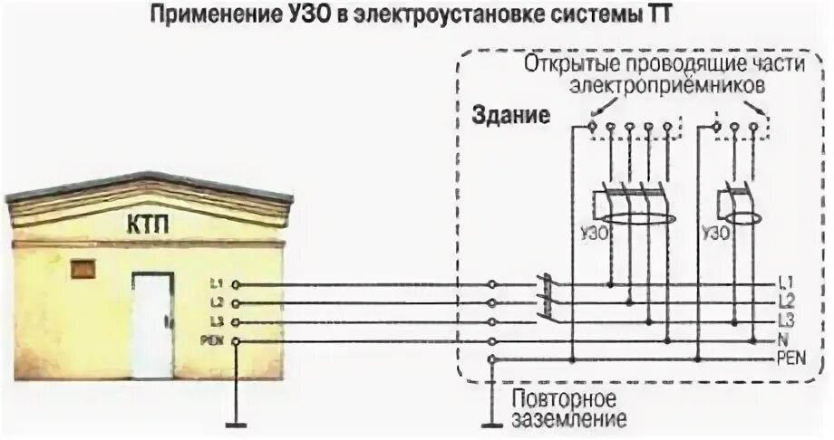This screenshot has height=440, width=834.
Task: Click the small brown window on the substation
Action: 84,269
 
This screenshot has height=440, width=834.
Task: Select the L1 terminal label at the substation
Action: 215,284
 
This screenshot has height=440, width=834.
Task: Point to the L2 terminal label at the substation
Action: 215,303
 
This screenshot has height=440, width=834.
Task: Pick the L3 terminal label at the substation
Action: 215,322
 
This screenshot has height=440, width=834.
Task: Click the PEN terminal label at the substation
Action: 212,340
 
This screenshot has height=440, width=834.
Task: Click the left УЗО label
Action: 590,232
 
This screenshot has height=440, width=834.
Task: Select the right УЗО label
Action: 714,232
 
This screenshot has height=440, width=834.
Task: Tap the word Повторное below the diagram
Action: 564,399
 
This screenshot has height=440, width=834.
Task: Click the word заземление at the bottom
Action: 567,421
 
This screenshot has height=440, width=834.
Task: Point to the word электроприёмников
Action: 669,86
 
